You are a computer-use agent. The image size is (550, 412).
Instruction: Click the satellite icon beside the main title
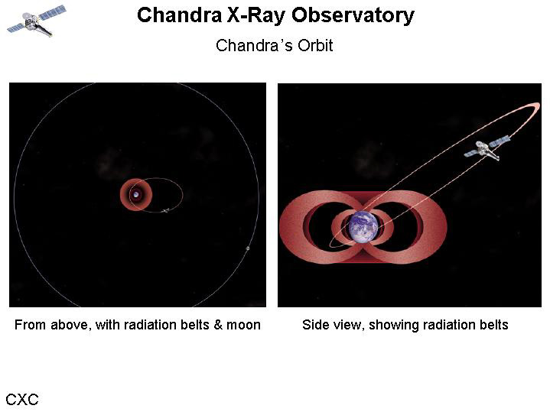37,21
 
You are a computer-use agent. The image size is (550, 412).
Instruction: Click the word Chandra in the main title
179,15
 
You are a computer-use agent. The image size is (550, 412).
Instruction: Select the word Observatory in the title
353,16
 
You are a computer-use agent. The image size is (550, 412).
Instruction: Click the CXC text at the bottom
21,399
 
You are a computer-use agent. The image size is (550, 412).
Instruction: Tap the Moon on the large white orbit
248,248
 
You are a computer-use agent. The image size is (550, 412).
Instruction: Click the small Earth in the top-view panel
135,194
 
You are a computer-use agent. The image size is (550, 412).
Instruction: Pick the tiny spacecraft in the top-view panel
165,211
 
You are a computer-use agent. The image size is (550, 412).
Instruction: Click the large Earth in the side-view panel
364,227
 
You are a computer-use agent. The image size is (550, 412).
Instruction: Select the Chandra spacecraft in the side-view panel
487,148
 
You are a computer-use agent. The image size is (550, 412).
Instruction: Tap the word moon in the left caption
243,325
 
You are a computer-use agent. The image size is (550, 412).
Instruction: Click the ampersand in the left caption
218,325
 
